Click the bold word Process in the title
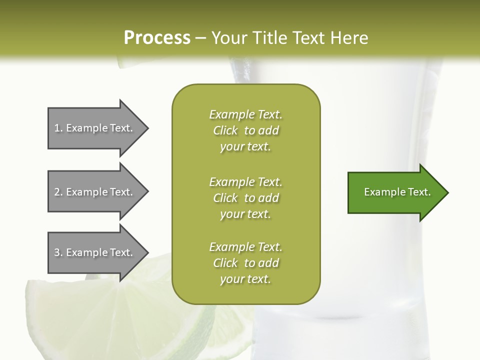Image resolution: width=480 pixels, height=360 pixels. pyautogui.click(x=157, y=38)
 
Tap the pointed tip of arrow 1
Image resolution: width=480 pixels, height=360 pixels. pyautogui.click(x=147, y=128)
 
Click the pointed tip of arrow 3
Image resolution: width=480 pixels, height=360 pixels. pyautogui.click(x=147, y=252)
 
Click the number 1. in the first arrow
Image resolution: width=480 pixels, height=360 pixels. pyautogui.click(x=58, y=128)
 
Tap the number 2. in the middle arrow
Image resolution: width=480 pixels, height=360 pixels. pyautogui.click(x=58, y=192)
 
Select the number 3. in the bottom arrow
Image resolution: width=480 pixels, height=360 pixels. pyautogui.click(x=58, y=252)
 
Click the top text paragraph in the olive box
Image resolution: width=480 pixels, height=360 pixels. pyautogui.click(x=246, y=130)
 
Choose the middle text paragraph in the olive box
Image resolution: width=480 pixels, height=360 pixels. pyautogui.click(x=246, y=197)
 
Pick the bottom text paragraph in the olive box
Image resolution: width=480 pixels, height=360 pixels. pyautogui.click(x=246, y=263)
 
